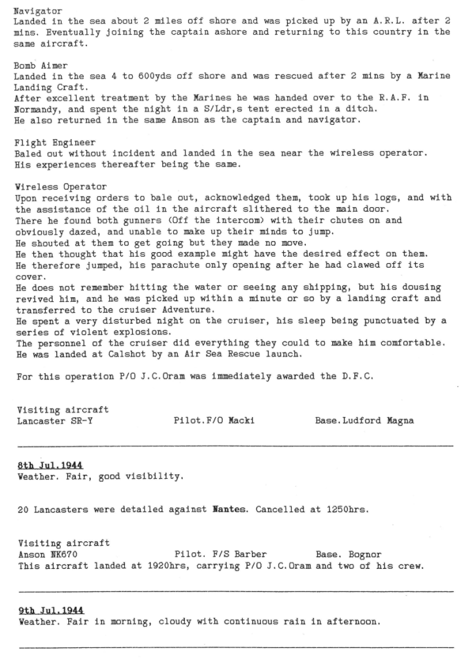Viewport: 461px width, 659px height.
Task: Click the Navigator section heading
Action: pos(38,11)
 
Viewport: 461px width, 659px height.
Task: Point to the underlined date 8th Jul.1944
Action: pos(51,465)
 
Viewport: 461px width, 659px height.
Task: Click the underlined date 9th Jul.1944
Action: pos(51,609)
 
